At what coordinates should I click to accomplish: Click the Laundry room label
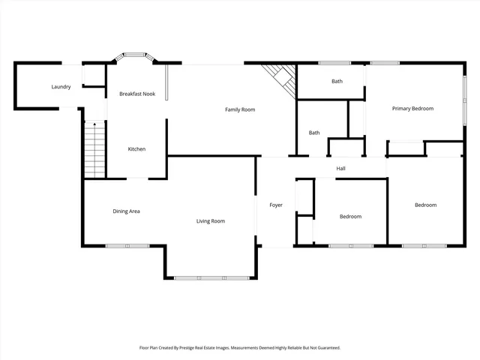click(x=61, y=87)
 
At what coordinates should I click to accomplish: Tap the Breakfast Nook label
click(x=137, y=94)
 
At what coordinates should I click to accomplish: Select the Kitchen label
click(x=136, y=149)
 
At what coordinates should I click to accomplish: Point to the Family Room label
click(x=240, y=109)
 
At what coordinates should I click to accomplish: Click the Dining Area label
click(x=126, y=211)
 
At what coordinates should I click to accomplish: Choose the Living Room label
click(x=211, y=220)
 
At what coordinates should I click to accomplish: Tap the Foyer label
click(x=276, y=205)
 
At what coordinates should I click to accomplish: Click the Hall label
click(x=340, y=168)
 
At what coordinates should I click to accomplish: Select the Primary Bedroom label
click(x=412, y=109)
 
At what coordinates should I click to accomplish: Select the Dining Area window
click(x=127, y=245)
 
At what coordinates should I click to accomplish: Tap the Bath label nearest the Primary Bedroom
click(x=337, y=81)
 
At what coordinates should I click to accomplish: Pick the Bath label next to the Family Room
click(x=314, y=133)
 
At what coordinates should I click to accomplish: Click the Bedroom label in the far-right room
click(x=426, y=205)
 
